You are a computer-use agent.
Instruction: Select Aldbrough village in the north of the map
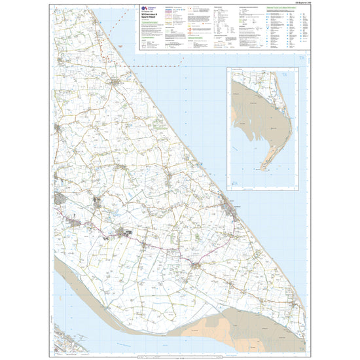(x=117, y=85)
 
